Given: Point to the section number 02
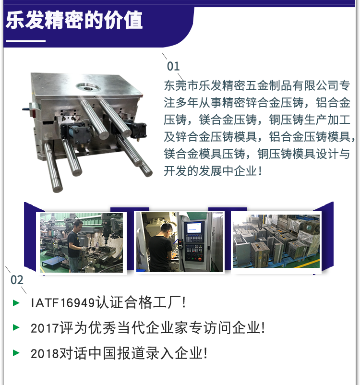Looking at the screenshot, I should coord(17,280).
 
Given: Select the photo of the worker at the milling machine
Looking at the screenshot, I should coord(83,243).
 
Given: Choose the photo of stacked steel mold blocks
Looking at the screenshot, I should coord(276,242).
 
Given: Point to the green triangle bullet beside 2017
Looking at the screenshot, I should coord(16,328).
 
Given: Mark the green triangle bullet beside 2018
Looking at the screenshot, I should coord(16,353).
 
